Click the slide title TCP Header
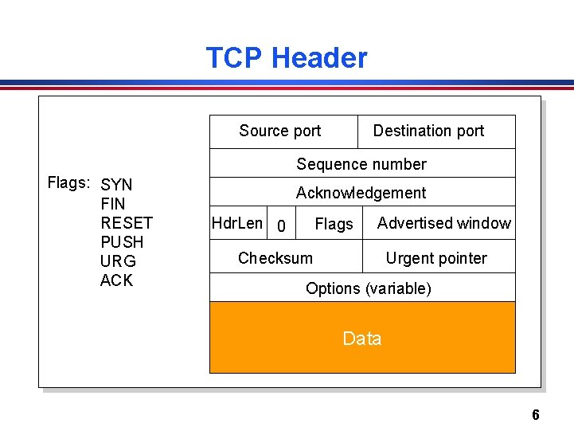pos(287,58)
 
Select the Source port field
pos(280,131)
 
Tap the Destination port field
pos(428,131)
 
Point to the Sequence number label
pos(361,165)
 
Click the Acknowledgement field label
pos(361,193)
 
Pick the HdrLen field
pos(236,223)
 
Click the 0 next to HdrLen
pos(281,227)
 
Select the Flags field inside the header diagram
pos(334,225)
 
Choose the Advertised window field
pos(444,223)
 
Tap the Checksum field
pos(275,258)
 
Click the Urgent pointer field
pos(436,258)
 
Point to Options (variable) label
pos(369,288)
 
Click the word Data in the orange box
pos(362,339)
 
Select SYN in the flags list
pos(117,185)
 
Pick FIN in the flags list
pos(113,204)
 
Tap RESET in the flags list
pos(127,223)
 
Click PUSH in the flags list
pos(122,242)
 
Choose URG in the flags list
pos(118,261)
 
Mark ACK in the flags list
pos(117,280)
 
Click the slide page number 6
pos(535,415)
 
